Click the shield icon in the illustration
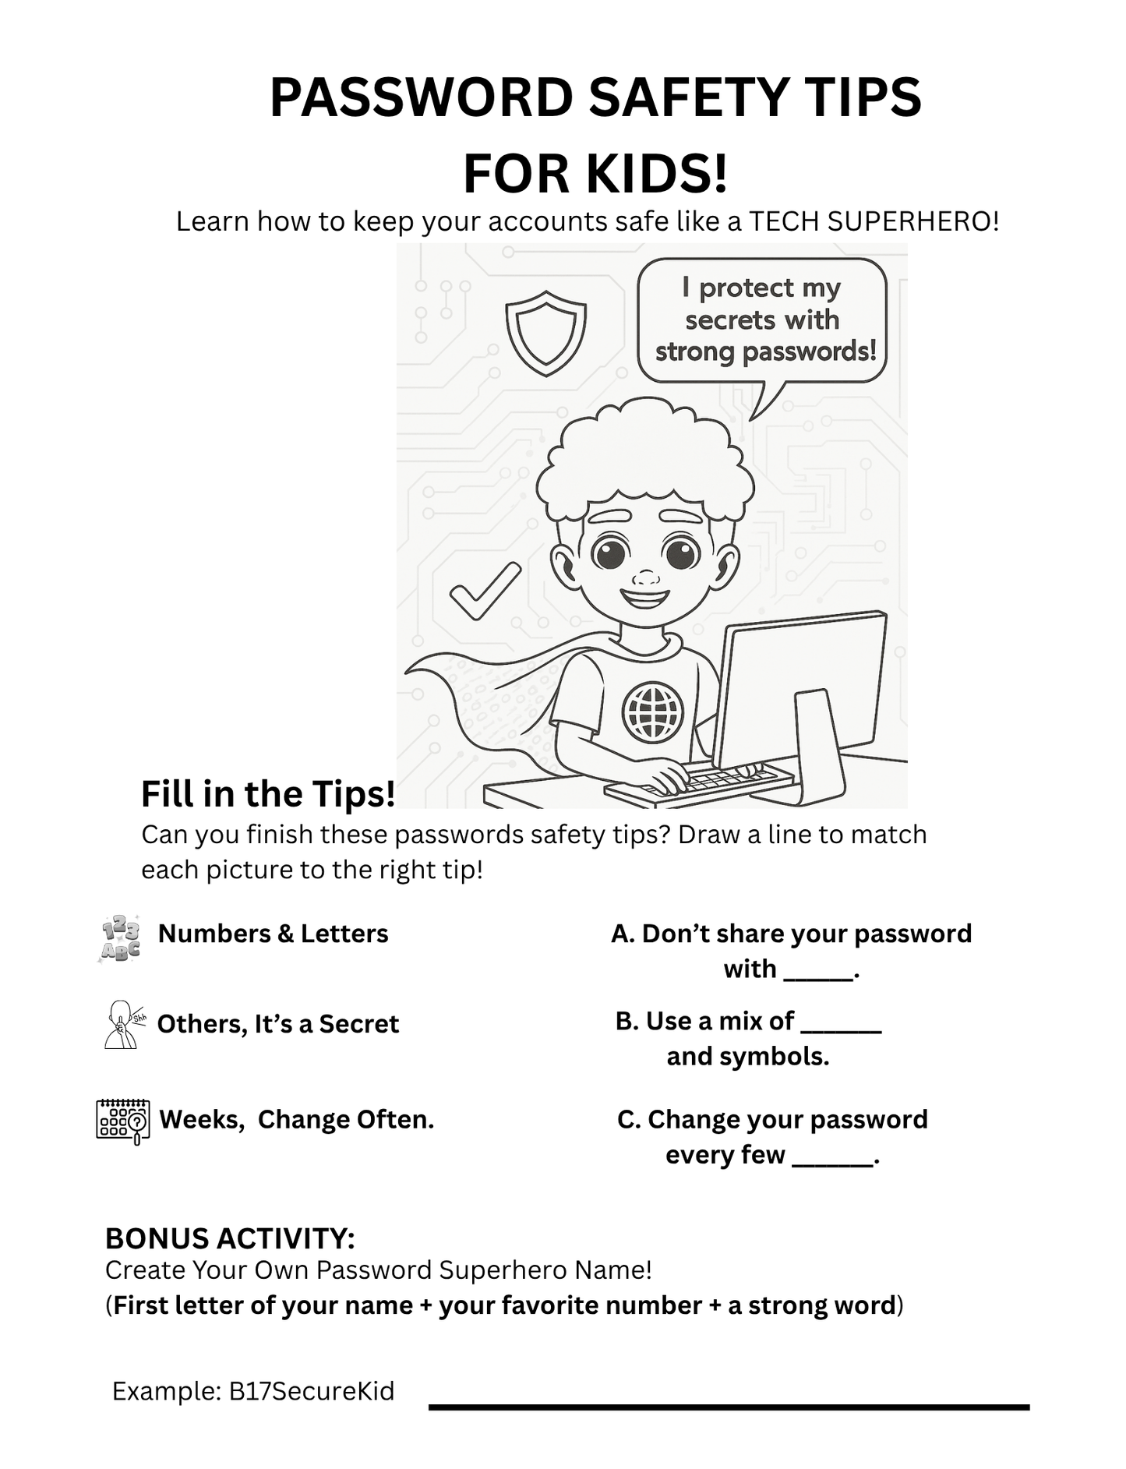(545, 333)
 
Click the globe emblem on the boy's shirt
(652, 712)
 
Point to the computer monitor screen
(799, 686)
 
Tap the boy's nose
(645, 578)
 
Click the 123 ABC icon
(121, 938)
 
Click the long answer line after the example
(729, 1407)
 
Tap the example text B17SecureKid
(312, 1391)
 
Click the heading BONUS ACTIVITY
(230, 1238)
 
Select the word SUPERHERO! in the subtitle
(912, 222)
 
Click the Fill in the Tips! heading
(268, 794)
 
